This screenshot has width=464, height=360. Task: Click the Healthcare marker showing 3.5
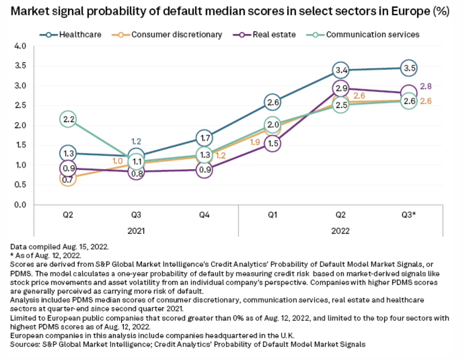[409, 68]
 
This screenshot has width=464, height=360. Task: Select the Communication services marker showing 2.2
[68, 119]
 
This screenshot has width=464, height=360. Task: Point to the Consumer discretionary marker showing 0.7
[68, 178]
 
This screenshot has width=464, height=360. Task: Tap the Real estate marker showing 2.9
[341, 88]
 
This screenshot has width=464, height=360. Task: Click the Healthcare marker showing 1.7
[204, 139]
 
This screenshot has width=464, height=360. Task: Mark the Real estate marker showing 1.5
[272, 143]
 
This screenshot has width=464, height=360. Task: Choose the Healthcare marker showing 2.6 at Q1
[272, 103]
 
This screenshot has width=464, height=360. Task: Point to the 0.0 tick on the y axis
[21, 205]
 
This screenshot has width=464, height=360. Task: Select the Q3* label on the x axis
[409, 216]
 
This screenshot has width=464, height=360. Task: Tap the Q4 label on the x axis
[204, 216]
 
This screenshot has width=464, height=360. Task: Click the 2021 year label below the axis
[136, 232]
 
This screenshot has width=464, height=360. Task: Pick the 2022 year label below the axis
[341, 232]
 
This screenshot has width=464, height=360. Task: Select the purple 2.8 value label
[426, 86]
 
